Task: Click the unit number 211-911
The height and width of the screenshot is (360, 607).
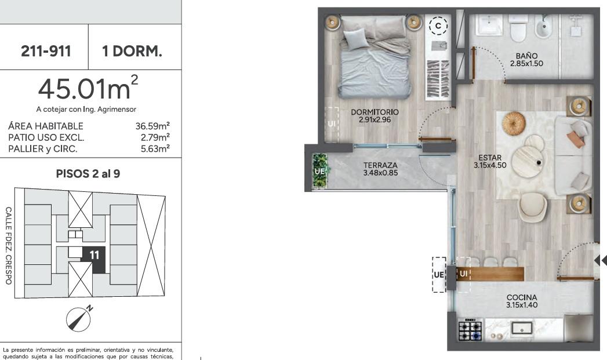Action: point(46,50)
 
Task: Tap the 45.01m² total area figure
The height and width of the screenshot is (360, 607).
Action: point(88,88)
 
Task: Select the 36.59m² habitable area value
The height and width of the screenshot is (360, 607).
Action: point(152,126)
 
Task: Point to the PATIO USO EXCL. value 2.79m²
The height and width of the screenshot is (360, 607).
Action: point(155,137)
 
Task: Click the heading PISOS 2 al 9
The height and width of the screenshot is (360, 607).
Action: point(88,174)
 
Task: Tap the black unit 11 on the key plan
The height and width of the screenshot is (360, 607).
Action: point(94,259)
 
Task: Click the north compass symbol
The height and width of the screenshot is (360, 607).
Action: point(79,319)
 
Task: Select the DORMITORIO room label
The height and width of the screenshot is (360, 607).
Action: point(375,112)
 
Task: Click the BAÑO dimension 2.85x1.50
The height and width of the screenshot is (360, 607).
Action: point(526,64)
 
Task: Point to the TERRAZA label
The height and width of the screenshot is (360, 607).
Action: point(380,165)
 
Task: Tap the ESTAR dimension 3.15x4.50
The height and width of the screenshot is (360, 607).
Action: point(490,165)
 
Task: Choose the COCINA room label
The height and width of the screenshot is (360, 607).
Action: point(522,297)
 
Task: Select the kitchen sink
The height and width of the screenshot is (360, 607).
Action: point(521,329)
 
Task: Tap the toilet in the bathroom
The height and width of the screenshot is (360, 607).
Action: point(518,28)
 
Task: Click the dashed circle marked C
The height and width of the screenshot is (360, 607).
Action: point(438,26)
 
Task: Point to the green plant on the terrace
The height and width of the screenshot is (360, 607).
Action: point(320,170)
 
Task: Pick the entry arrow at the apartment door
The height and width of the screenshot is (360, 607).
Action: point(601,260)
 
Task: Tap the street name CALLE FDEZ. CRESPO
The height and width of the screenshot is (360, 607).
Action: point(9,246)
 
